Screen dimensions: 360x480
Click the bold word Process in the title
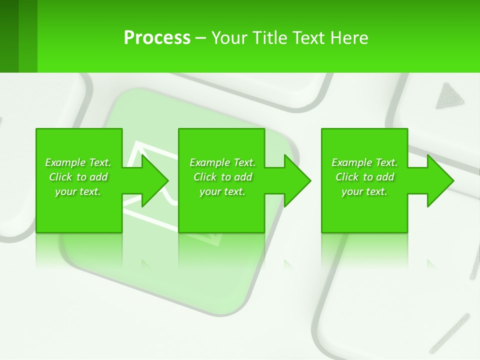coord(157,37)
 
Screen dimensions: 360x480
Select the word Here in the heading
coord(349,37)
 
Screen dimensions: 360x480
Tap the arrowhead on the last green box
coord(439,180)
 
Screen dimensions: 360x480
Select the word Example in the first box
coord(65,162)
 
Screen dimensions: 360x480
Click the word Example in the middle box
coord(209,162)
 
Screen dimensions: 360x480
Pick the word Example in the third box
coord(351,162)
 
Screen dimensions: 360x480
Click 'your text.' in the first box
coord(78,191)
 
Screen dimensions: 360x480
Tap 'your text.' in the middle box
coord(222,191)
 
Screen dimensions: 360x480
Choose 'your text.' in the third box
coord(364,191)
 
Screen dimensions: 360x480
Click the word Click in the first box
coord(60,177)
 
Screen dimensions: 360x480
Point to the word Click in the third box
coord(347,177)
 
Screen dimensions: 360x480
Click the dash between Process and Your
coord(201,38)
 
